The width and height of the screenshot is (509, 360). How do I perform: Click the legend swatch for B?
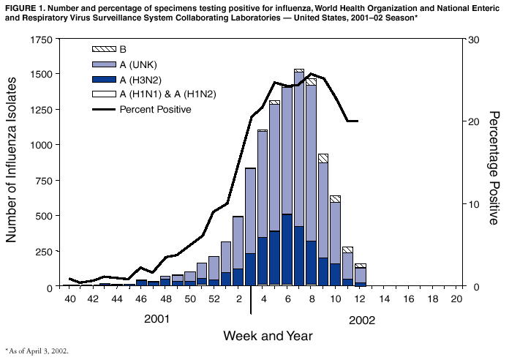coord(103,49)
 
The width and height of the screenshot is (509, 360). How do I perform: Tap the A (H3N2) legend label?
coord(140,79)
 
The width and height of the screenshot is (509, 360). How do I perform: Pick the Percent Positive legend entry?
coord(155,110)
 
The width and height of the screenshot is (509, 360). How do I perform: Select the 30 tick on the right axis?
coord(473,40)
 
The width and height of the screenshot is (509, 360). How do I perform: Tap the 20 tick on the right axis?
coord(473,121)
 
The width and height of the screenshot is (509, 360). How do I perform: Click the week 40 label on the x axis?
coord(70,299)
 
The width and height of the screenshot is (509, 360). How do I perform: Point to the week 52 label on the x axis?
coord(214,299)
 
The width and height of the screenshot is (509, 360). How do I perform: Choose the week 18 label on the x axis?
coord(432,299)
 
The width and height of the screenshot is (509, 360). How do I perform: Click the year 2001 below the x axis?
coord(157,320)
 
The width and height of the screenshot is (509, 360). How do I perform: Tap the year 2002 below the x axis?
coord(361,320)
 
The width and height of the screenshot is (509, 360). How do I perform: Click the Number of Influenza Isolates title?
coord(12,162)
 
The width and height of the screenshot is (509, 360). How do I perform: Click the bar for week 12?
coord(360,275)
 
